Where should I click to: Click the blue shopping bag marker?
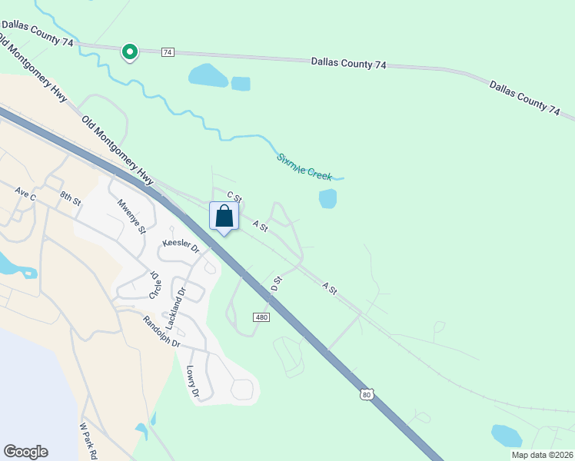click(x=224, y=216)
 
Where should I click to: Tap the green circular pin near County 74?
click(x=130, y=51)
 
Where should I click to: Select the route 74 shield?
click(x=168, y=52)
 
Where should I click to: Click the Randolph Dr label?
click(x=161, y=331)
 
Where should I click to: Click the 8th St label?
click(x=70, y=199)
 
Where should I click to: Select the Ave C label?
click(x=25, y=196)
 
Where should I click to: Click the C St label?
click(x=234, y=198)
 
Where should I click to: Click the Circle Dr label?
click(x=154, y=285)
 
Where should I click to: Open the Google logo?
click(x=25, y=452)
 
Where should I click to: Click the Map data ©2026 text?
click(x=542, y=455)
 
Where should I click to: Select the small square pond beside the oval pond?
click(x=241, y=84)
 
